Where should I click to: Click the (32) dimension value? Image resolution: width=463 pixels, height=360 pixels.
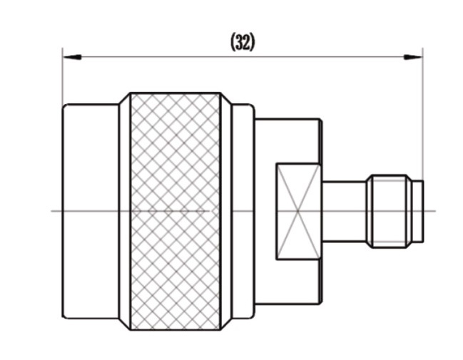coord(242,42)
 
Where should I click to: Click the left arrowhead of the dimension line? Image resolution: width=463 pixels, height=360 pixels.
coord(72,57)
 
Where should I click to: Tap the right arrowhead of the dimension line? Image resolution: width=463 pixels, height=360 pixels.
coord(413,57)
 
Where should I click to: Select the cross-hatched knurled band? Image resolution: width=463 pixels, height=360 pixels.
coord(175,211)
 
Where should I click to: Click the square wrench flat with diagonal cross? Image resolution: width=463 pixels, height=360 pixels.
coord(298,211)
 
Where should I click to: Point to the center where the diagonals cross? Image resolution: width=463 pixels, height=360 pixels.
coord(298,211)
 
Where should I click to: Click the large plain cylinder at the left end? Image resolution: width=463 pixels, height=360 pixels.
coord(91,211)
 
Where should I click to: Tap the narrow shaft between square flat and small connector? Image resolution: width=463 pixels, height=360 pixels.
coord(344,211)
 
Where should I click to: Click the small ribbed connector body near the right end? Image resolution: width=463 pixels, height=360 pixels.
coord(389,211)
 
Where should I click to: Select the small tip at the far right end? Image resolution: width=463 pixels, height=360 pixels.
coord(418,211)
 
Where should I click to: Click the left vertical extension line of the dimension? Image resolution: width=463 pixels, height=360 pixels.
coord(62,77)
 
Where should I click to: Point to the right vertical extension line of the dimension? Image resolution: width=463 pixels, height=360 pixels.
coord(423,114)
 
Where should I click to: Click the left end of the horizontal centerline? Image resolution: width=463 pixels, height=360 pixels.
coord(51,211)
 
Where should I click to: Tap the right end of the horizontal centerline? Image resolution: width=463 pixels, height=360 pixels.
coord(436,211)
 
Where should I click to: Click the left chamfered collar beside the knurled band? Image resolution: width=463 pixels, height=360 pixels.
coord(125,211)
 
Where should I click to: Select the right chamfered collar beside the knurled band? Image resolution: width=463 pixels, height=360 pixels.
coord(226,211)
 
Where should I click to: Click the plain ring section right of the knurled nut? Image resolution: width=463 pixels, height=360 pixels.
coord(243,211)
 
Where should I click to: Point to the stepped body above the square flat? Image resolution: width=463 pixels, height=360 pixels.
coord(288,140)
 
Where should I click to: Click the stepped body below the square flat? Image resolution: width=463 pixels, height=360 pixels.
coord(288,282)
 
